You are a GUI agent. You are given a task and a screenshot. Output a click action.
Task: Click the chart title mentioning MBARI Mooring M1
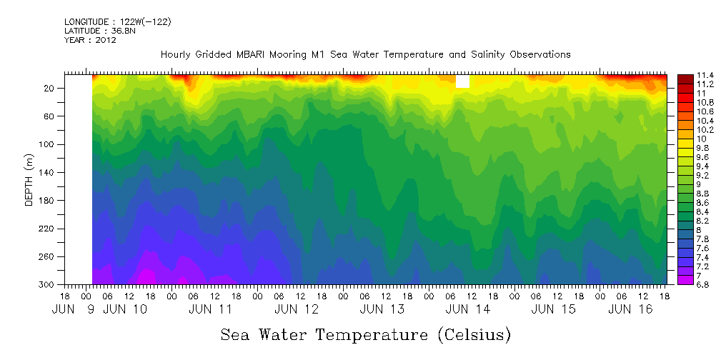click(x=365, y=54)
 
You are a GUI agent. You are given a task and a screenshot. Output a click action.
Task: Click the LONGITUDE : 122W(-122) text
click(x=117, y=22)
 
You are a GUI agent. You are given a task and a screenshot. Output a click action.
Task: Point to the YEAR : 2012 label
click(x=90, y=40)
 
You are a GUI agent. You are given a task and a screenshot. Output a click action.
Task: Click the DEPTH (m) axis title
click(x=29, y=179)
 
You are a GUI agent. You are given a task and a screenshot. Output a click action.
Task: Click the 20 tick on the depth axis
click(x=50, y=89)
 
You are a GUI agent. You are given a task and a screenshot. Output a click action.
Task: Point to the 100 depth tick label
click(x=48, y=144)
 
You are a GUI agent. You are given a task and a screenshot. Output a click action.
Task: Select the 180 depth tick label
click(x=48, y=201)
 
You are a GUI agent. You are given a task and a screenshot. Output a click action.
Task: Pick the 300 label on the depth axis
click(x=48, y=284)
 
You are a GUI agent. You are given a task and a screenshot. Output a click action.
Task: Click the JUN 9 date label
click(x=74, y=310)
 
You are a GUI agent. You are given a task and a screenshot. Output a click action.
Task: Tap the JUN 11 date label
click(x=211, y=310)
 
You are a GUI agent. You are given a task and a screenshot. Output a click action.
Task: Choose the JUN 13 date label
click(x=382, y=310)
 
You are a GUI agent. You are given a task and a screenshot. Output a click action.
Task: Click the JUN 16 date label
click(x=629, y=310)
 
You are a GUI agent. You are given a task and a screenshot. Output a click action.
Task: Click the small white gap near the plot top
click(x=462, y=81)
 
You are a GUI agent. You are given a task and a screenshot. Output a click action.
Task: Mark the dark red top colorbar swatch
click(x=685, y=78)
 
